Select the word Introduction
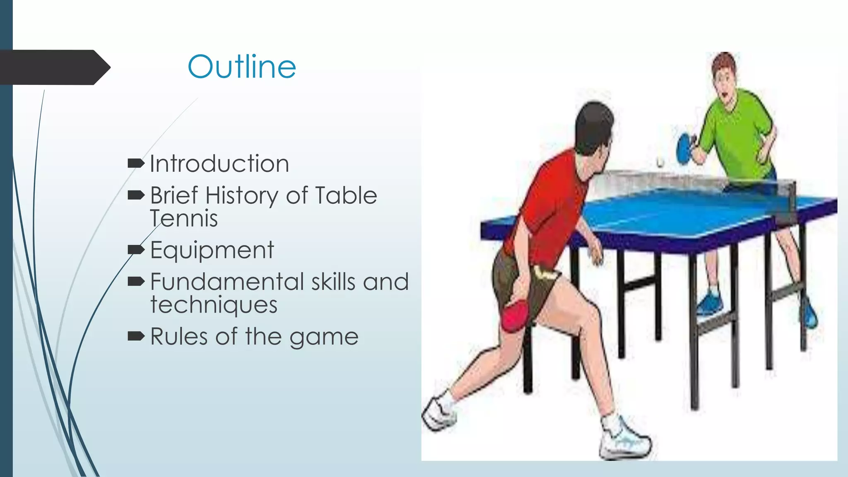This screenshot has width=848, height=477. pos(219,164)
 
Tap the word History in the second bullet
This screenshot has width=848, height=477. pos(242,195)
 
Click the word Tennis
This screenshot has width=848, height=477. pos(184,218)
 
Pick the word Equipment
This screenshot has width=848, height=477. pos(212,250)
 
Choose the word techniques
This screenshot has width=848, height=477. pos(214,305)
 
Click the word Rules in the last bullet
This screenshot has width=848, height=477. pos(178,336)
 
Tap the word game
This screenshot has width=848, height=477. pos(324,337)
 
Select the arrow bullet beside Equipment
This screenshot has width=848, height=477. pos(136,249)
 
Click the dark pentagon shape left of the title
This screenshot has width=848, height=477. pos(54,67)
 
